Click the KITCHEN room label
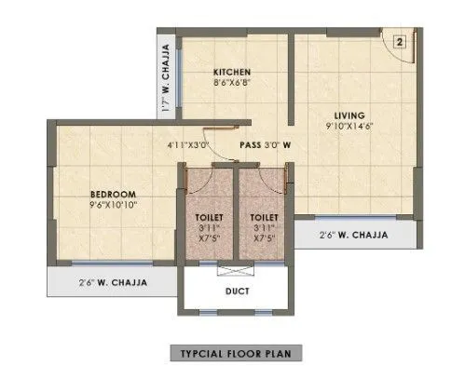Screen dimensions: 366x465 tap(231, 72)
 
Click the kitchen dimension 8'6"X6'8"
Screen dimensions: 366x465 tap(231, 83)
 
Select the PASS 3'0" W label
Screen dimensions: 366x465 tap(267, 145)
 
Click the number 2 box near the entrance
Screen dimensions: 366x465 tap(398, 41)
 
